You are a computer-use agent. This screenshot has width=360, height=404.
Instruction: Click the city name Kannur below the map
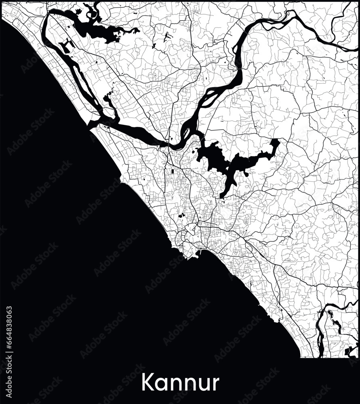180,383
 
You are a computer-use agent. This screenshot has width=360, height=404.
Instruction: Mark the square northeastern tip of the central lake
275,143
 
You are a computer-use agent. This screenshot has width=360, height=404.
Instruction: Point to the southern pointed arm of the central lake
225,191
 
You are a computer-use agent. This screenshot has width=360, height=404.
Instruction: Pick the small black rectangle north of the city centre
173,171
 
